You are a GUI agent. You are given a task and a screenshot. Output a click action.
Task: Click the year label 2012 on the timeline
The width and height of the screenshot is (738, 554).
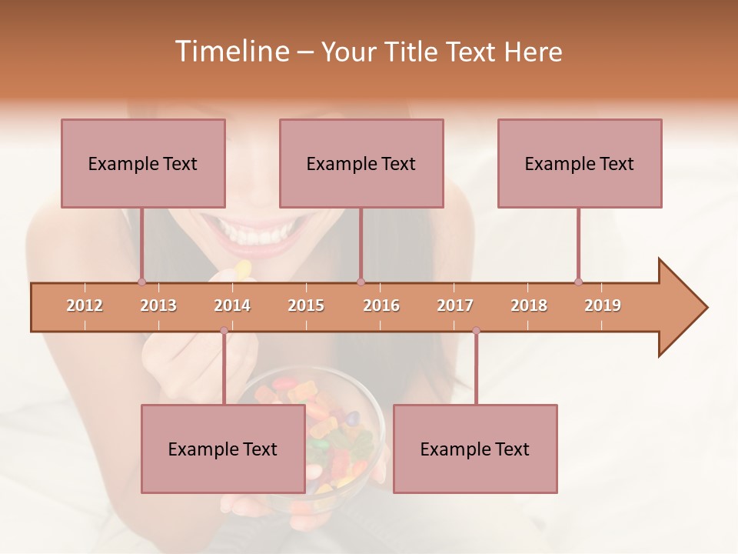coord(85,305)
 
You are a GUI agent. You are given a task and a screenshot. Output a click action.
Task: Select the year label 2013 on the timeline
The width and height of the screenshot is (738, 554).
coord(158,305)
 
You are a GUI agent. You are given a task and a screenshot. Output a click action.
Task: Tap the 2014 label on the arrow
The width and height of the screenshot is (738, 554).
coord(232,305)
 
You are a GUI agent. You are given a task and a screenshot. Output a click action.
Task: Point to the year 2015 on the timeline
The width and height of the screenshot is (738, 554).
coord(306,305)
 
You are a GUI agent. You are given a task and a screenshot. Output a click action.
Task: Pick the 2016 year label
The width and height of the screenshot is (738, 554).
coord(381,305)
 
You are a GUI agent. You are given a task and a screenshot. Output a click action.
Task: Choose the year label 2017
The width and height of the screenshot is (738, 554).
coord(455,305)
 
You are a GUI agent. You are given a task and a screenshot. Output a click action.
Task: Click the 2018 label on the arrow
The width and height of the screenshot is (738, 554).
coord(529,305)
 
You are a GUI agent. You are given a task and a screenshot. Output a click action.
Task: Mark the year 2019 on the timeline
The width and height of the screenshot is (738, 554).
coord(603,305)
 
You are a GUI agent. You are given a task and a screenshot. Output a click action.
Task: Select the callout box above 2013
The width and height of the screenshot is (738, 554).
coord(143,163)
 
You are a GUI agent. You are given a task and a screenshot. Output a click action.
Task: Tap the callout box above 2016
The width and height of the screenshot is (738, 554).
coord(361,163)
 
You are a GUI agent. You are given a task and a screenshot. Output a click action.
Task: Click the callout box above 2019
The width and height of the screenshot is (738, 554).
coord(580,163)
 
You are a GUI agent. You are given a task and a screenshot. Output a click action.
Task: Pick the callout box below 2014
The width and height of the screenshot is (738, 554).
coord(223,449)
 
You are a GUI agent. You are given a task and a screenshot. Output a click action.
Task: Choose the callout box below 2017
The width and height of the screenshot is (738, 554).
coord(475,449)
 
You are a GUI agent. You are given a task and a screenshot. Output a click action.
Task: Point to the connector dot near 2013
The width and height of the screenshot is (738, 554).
coord(141,282)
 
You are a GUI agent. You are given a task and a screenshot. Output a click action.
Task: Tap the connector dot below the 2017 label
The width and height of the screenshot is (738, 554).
coord(476,331)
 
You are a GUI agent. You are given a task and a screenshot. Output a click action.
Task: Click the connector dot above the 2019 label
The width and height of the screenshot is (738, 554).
coord(578,282)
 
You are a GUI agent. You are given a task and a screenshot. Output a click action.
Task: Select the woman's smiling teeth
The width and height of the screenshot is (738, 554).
coord(258,231)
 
